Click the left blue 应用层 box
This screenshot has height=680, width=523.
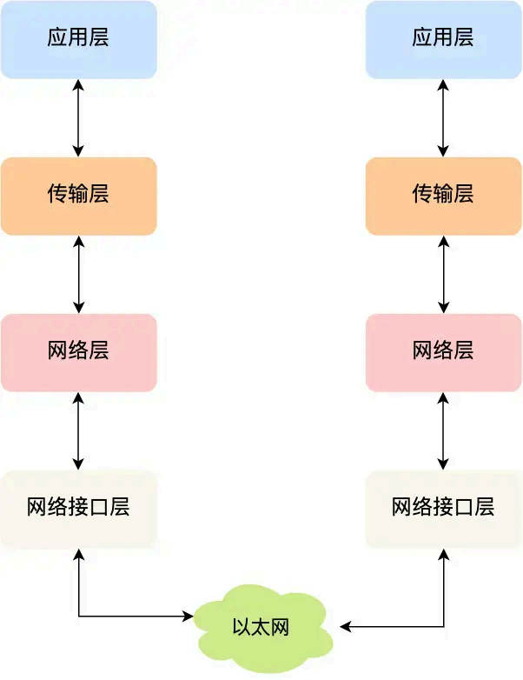[78, 39]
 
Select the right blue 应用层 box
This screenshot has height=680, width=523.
[443, 39]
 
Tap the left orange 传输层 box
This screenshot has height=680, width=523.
[78, 196]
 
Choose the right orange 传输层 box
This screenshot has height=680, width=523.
[443, 196]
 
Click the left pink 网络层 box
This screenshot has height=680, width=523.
[78, 352]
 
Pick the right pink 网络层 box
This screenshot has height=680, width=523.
[443, 352]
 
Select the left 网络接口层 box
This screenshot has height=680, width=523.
[78, 509]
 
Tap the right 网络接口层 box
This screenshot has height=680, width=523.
[443, 509]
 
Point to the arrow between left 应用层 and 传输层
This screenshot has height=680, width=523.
[79, 117]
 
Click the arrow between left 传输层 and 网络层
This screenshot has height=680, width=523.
[79, 274]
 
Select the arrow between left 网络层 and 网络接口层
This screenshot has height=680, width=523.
[79, 430]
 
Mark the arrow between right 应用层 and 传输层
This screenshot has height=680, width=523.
[444, 117]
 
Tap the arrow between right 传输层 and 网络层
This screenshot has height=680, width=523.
[444, 274]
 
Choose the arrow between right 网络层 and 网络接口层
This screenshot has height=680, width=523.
[444, 430]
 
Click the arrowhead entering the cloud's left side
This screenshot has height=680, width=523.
[188, 617]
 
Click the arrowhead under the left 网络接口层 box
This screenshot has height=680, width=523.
[79, 554]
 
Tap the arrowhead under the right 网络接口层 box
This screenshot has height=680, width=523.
[444, 554]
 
